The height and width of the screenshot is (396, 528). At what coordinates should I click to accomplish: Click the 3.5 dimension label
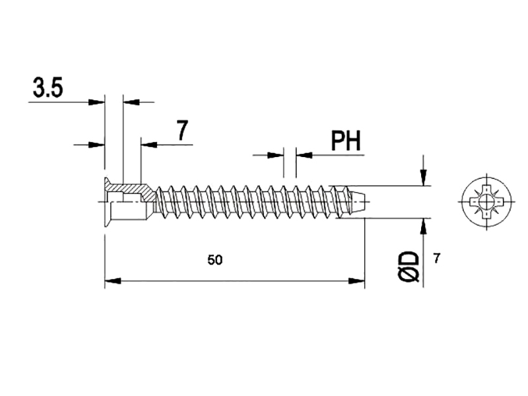48,88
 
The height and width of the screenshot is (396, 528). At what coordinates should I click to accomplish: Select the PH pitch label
346,141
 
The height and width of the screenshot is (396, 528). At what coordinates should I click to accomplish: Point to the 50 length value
215,260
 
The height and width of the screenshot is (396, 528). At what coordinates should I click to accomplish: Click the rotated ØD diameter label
409,267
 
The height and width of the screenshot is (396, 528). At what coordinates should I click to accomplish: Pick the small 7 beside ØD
436,259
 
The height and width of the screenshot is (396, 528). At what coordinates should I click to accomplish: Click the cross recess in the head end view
486,202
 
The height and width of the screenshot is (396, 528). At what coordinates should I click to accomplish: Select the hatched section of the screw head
132,191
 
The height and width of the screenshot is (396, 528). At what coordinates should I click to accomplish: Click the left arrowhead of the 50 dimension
113,280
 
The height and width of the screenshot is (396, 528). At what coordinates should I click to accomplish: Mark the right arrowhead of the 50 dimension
356,280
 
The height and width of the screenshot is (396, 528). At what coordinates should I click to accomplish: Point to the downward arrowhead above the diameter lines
424,178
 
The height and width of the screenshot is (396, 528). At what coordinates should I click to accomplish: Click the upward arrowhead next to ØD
424,226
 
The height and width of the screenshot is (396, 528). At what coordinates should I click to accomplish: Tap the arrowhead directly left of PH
304,155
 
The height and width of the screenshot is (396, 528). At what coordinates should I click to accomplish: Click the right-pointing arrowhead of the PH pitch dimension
275,155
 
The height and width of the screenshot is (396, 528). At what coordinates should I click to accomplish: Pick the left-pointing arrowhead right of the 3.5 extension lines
131,102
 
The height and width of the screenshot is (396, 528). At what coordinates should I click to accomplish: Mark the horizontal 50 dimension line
235,280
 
